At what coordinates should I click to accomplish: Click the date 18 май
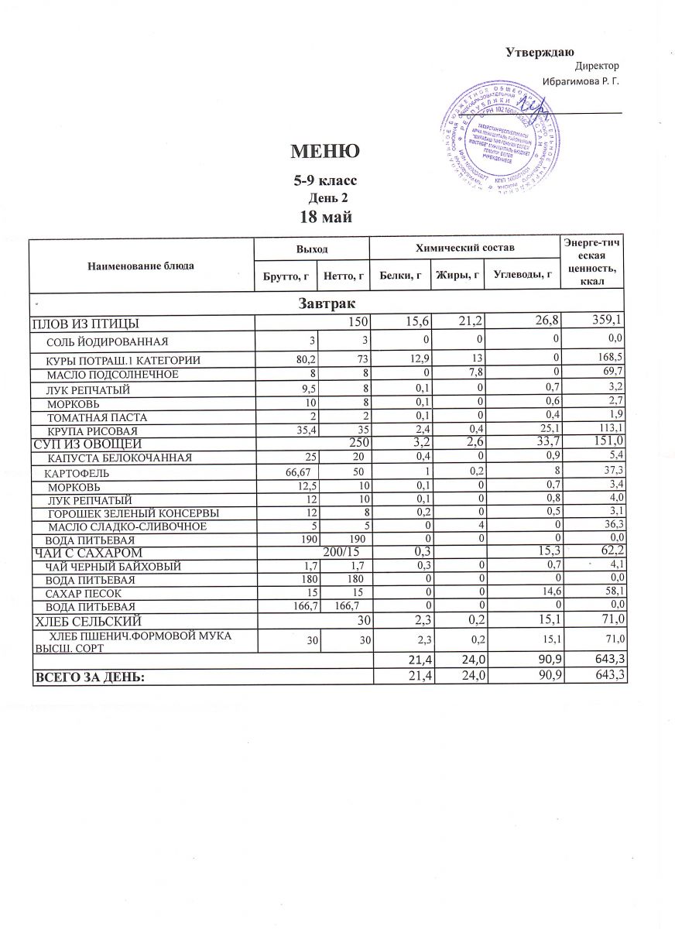[x=325, y=216]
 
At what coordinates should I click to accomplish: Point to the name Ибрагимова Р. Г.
[x=581, y=81]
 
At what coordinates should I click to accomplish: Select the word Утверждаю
[x=540, y=53]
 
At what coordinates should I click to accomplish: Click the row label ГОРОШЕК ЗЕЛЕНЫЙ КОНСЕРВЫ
[x=133, y=513]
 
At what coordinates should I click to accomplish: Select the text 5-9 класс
[x=324, y=180]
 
